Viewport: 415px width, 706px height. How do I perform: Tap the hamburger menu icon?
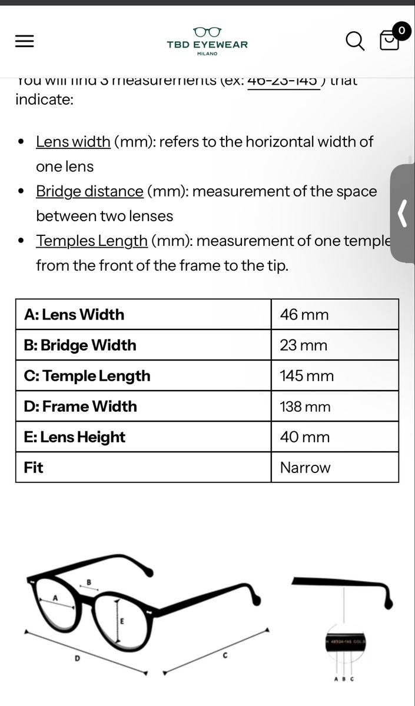24,41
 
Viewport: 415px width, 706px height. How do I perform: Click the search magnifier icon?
354,41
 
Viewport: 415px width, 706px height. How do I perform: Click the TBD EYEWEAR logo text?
207,44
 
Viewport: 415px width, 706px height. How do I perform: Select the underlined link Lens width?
73,142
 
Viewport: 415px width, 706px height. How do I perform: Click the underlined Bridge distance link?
89,191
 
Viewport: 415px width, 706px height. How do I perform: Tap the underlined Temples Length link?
91,241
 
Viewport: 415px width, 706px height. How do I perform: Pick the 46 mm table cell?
304,315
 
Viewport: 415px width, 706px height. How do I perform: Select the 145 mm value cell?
307,376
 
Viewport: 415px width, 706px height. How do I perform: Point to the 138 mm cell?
306,407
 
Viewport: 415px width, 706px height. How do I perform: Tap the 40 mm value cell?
304,437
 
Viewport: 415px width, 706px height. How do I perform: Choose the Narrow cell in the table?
305,468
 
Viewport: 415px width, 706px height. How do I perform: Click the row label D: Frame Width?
81,407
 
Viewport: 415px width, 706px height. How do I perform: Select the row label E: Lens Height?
75,437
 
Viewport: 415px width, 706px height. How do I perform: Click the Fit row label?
34,468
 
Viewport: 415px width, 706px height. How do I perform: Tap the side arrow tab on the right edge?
403,213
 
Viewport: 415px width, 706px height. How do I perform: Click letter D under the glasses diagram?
77,658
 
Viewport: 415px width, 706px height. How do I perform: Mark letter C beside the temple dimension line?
225,655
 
